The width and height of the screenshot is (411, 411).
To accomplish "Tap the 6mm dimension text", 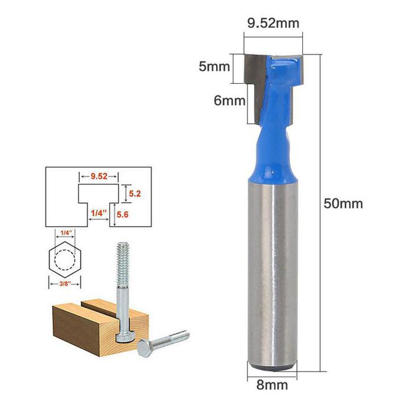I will point(229,100).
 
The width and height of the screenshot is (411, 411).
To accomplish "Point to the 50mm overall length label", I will point(343,203).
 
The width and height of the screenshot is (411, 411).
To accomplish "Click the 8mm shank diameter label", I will point(273,385).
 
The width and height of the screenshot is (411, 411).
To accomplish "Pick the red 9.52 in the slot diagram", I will point(99,176).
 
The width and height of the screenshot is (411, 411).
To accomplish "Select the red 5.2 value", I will point(134,194).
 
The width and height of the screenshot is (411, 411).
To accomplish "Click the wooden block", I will point(80,329).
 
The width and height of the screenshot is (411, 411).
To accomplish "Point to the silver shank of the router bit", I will point(273,273).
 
